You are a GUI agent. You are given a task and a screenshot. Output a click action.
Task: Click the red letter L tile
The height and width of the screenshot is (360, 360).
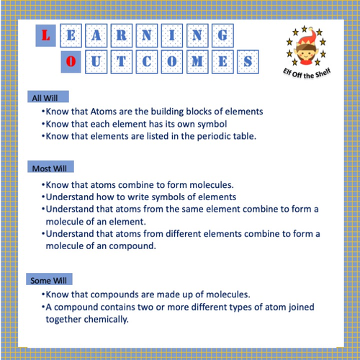click(x=46, y=35)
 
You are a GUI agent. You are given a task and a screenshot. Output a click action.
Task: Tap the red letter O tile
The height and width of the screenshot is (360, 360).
click(x=69, y=62)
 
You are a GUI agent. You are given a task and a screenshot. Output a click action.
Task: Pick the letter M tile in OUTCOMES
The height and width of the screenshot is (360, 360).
click(x=196, y=62)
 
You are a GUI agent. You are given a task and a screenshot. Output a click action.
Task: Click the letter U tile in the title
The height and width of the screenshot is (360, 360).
click(x=95, y=62)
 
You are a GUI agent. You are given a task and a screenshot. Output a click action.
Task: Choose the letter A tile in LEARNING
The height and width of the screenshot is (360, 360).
click(x=96, y=35)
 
